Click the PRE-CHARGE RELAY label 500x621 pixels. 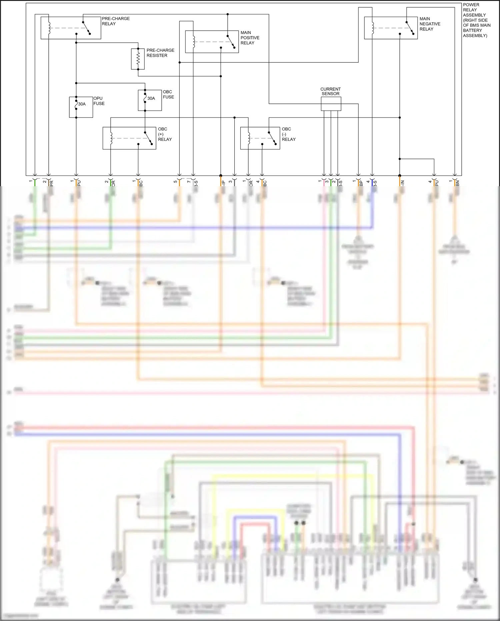(115, 21)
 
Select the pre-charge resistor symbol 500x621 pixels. (138, 59)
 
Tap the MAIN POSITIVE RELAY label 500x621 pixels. (250, 38)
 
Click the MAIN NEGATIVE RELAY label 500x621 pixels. (429, 24)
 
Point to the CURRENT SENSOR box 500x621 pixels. (331, 104)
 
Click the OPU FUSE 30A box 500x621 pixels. (81, 107)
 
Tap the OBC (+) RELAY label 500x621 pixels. (165, 134)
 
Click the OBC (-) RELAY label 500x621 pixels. (288, 134)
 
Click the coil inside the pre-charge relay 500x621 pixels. (49, 28)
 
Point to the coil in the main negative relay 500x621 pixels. (373, 28)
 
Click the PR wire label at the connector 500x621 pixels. (51, 183)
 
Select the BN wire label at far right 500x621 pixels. (458, 183)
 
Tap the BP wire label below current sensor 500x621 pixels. (361, 183)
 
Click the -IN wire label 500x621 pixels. (402, 183)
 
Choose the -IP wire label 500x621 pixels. (223, 183)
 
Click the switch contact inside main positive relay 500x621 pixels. (231, 42)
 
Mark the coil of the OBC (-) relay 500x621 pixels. (249, 138)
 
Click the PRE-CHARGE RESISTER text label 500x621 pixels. (160, 53)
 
